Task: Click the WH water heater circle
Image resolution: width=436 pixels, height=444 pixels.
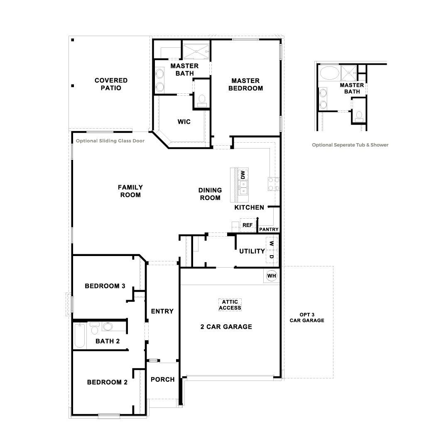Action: click(x=272, y=276)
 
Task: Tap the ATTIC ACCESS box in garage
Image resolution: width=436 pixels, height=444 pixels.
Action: click(x=230, y=305)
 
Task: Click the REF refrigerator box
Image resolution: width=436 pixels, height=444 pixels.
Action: click(x=247, y=225)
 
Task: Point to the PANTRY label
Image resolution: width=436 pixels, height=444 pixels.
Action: click(x=269, y=229)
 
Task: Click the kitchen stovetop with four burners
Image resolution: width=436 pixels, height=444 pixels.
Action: click(x=273, y=183)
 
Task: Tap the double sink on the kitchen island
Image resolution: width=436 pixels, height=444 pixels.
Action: click(x=243, y=188)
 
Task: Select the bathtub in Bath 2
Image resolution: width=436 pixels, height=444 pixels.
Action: click(x=79, y=336)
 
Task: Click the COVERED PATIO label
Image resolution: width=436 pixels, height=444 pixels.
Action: click(x=111, y=84)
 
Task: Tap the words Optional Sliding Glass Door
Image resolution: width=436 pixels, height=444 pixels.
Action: click(x=110, y=141)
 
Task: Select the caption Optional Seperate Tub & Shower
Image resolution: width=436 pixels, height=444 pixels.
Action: click(x=350, y=145)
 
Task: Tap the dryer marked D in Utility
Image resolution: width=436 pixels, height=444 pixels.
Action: click(x=271, y=256)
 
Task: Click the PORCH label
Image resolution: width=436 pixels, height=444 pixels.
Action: click(x=162, y=379)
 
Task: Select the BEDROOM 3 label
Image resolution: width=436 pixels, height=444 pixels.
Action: click(x=105, y=286)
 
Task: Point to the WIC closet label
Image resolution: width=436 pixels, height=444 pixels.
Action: click(x=184, y=122)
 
